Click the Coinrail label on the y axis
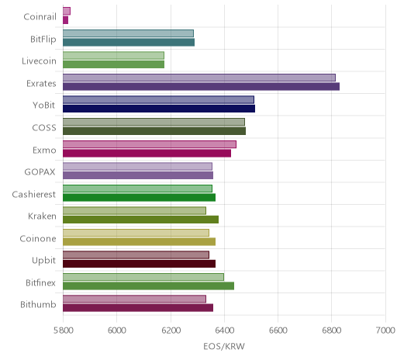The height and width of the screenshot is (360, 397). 40,17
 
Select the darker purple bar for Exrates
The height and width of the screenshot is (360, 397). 201,87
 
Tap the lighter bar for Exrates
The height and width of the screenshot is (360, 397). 199,78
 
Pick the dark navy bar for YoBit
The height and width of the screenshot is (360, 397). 159,109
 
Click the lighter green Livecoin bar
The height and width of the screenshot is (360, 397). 113,56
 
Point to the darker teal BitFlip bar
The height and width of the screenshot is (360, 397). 129,43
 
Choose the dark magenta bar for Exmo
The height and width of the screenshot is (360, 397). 147,154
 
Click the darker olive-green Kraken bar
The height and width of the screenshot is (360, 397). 140,220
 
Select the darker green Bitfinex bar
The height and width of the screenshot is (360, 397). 148,286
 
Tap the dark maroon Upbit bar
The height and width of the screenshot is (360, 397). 139,264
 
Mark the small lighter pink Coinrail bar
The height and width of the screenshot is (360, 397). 67,11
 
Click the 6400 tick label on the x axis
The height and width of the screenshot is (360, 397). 224,331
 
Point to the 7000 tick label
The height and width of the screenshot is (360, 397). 385,331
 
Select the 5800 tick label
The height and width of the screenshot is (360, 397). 64,331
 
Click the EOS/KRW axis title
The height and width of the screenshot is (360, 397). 224,346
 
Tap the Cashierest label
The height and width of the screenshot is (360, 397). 34,194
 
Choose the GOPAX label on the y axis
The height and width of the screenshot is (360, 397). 40,172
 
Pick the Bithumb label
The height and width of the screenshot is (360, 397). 38,305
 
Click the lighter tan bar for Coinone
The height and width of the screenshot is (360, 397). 136,233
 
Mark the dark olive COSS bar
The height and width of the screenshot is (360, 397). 154,131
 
